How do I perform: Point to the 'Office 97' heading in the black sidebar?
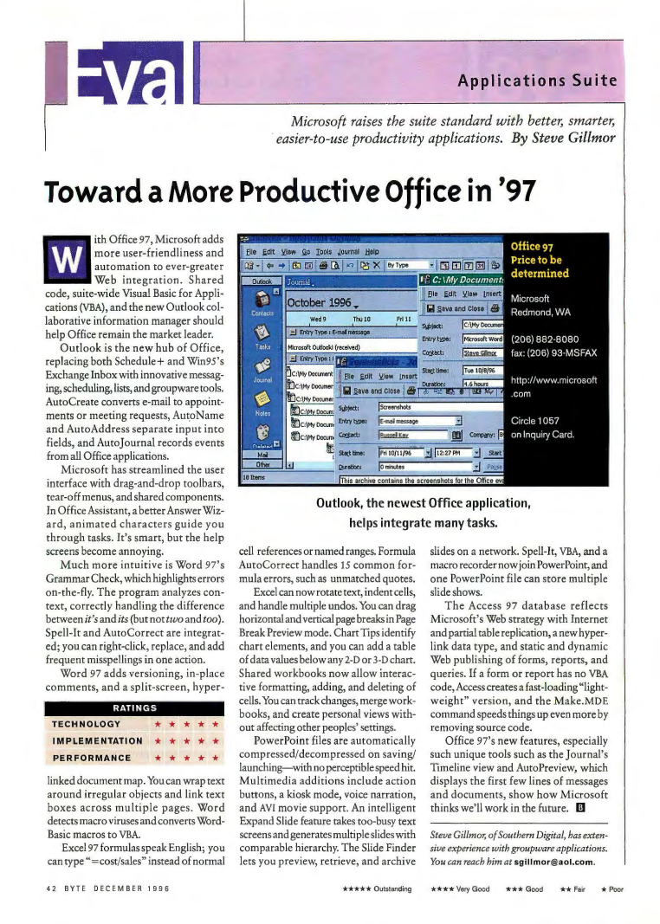click(535, 246)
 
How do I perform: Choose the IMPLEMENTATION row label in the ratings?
click(98, 717)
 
